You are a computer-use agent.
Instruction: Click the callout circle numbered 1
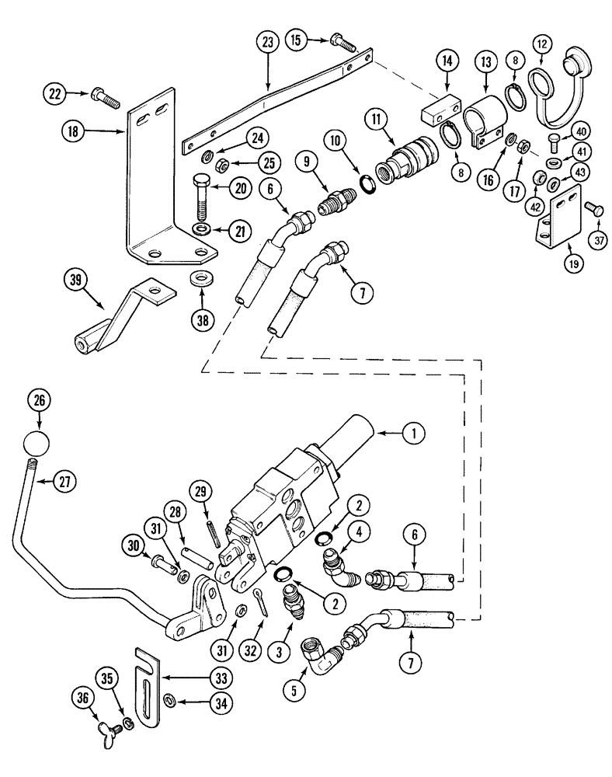tap(414, 434)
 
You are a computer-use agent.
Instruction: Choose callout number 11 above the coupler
tap(377, 120)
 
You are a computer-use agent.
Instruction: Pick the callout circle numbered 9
tap(305, 164)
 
